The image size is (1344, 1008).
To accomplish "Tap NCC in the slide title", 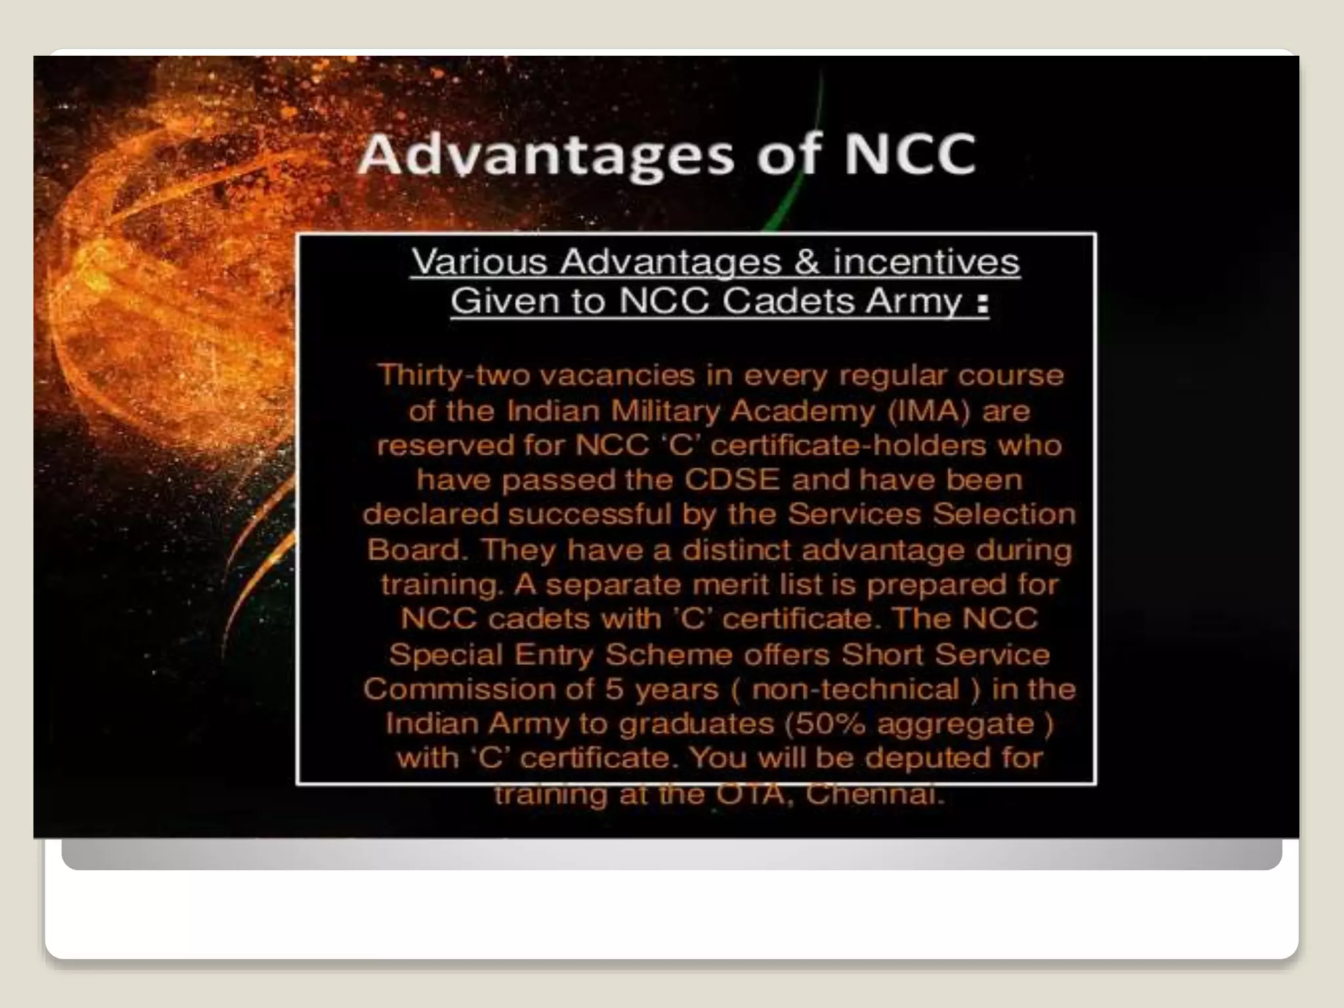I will pyautogui.click(x=910, y=155).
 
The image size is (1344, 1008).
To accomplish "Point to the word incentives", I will pyautogui.click(x=926, y=262).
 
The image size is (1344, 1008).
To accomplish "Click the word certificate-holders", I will pyautogui.click(x=848, y=446).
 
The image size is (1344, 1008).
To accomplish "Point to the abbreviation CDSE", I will pyautogui.click(x=732, y=480).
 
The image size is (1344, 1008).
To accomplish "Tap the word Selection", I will pyautogui.click(x=1004, y=514).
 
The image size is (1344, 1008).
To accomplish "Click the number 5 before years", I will pyautogui.click(x=614, y=689).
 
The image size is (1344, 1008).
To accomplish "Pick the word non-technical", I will pyautogui.click(x=856, y=689).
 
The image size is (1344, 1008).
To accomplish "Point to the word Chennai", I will pyautogui.click(x=874, y=794).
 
